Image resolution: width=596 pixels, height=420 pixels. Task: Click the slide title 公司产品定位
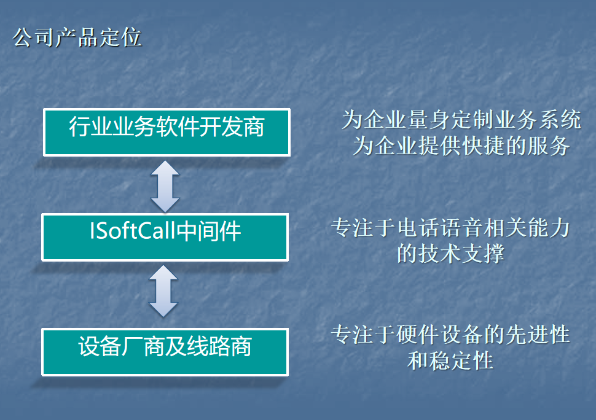coord(77,37)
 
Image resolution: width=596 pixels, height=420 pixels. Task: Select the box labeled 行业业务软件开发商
coord(167,132)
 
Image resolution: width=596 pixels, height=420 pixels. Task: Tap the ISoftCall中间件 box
coord(165,238)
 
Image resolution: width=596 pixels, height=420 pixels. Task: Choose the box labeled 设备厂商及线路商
coord(165,352)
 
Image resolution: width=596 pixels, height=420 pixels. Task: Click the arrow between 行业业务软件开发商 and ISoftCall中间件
coord(165,186)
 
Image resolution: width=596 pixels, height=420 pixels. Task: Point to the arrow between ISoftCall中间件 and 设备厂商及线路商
coord(163,291)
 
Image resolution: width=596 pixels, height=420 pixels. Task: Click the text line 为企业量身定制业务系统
coord(461,120)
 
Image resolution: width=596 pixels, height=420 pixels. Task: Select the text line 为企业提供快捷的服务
coord(461,146)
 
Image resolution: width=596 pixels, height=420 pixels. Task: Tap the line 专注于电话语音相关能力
coord(451,228)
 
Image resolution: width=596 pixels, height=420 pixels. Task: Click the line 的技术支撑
coord(451,254)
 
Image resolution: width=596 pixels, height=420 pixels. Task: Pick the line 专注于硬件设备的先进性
coord(451,335)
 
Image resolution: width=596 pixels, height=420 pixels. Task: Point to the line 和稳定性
coord(451,361)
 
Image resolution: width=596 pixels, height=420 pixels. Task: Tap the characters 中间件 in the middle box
coord(209,231)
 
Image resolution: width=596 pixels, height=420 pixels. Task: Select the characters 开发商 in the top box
coord(232,126)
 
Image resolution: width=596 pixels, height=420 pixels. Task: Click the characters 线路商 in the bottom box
coord(219,346)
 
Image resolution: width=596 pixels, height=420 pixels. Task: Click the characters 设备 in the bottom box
coord(100,346)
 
